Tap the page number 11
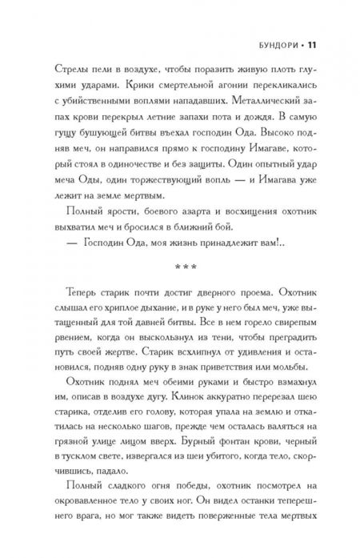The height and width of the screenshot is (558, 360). (x=314, y=24)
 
